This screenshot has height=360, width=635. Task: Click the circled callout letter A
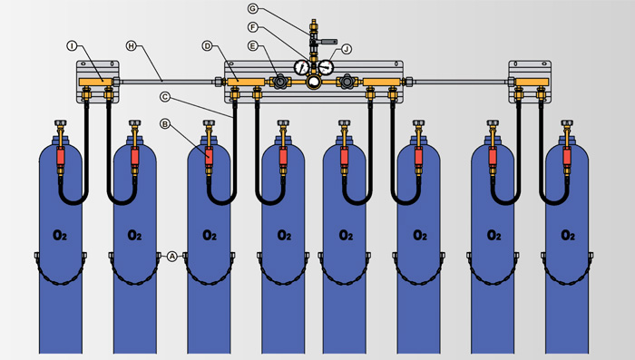point(172,256)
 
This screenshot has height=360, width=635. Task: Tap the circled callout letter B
point(164,124)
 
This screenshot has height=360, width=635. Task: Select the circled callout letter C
point(164,97)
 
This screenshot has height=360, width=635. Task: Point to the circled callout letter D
point(208,46)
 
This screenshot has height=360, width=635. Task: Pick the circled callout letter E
point(253,46)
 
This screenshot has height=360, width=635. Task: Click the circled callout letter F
point(253,27)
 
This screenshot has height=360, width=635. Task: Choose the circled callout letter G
point(253,7)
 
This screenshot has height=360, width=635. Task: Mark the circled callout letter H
point(131,46)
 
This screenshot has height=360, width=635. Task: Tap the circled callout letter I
point(72,46)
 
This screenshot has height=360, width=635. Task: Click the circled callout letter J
point(347,49)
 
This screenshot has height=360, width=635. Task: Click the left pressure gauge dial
point(302,67)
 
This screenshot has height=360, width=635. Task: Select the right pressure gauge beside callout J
point(326,67)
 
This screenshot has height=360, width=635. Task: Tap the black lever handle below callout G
point(327,42)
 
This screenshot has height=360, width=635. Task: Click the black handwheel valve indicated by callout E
point(279,82)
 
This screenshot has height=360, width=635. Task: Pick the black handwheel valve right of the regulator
point(347,82)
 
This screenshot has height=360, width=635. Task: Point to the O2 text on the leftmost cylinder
point(60,235)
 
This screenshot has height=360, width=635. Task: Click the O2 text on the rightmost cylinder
point(568,235)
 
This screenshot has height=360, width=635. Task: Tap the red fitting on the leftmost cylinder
point(61,156)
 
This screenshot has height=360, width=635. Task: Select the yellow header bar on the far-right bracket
point(532,82)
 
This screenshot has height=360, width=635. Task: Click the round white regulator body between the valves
point(314,83)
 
